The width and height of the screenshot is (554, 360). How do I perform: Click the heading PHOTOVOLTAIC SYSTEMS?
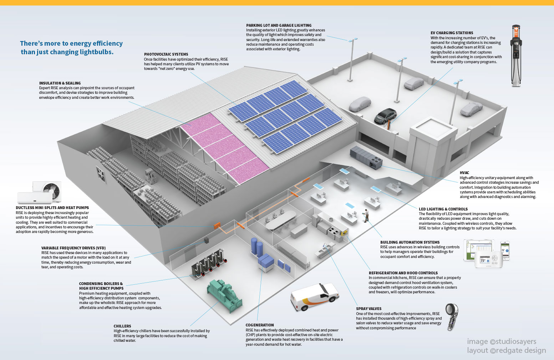(166, 55)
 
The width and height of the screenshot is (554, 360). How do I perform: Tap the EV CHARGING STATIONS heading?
(452, 33)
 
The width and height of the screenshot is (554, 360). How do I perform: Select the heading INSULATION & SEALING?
(60, 83)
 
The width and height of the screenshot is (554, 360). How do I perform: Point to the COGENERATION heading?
(260, 325)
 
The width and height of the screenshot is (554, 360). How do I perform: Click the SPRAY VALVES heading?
(369, 309)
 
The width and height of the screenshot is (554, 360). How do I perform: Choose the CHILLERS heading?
(122, 326)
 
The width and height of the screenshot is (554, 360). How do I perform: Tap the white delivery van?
(314, 296)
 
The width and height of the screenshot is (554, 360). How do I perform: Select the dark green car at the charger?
(385, 116)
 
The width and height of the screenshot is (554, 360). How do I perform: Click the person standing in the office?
(365, 216)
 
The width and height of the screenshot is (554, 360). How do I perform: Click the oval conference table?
(281, 220)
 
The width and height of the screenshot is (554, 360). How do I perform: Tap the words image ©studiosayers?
(502, 341)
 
